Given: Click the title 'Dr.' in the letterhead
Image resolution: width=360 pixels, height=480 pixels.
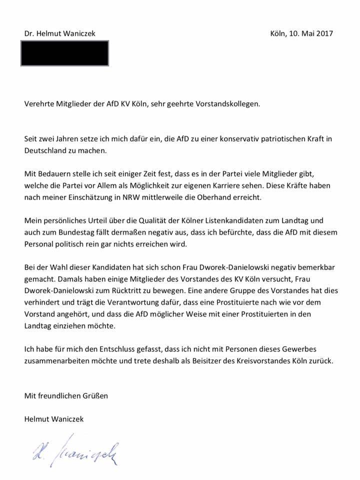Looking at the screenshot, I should point(29,33).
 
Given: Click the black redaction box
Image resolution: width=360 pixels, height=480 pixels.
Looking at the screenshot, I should point(64,53).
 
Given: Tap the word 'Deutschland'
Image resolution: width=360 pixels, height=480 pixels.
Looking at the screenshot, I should point(46,149).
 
